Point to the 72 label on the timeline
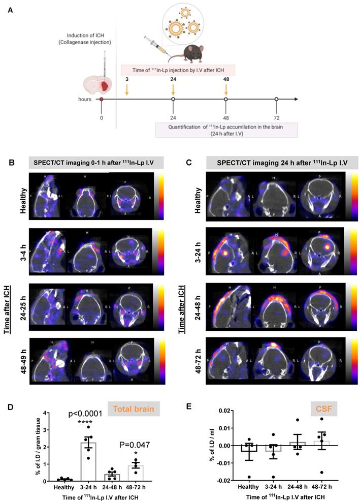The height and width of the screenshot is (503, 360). coord(276,116)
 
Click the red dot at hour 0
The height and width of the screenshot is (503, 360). coord(102,99)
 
